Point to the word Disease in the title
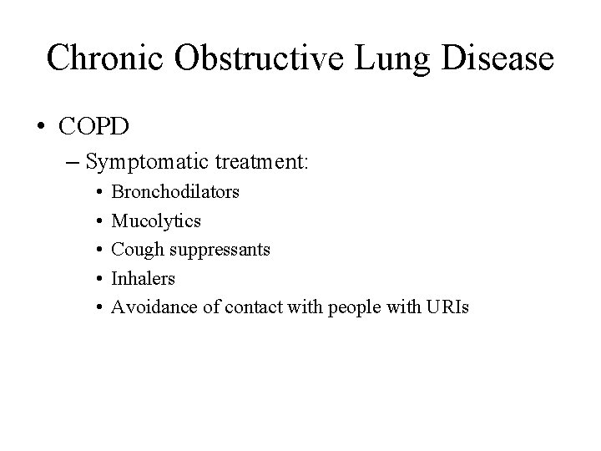click(x=498, y=58)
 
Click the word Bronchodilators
click(x=175, y=192)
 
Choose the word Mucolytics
click(x=156, y=221)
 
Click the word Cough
click(x=134, y=250)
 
